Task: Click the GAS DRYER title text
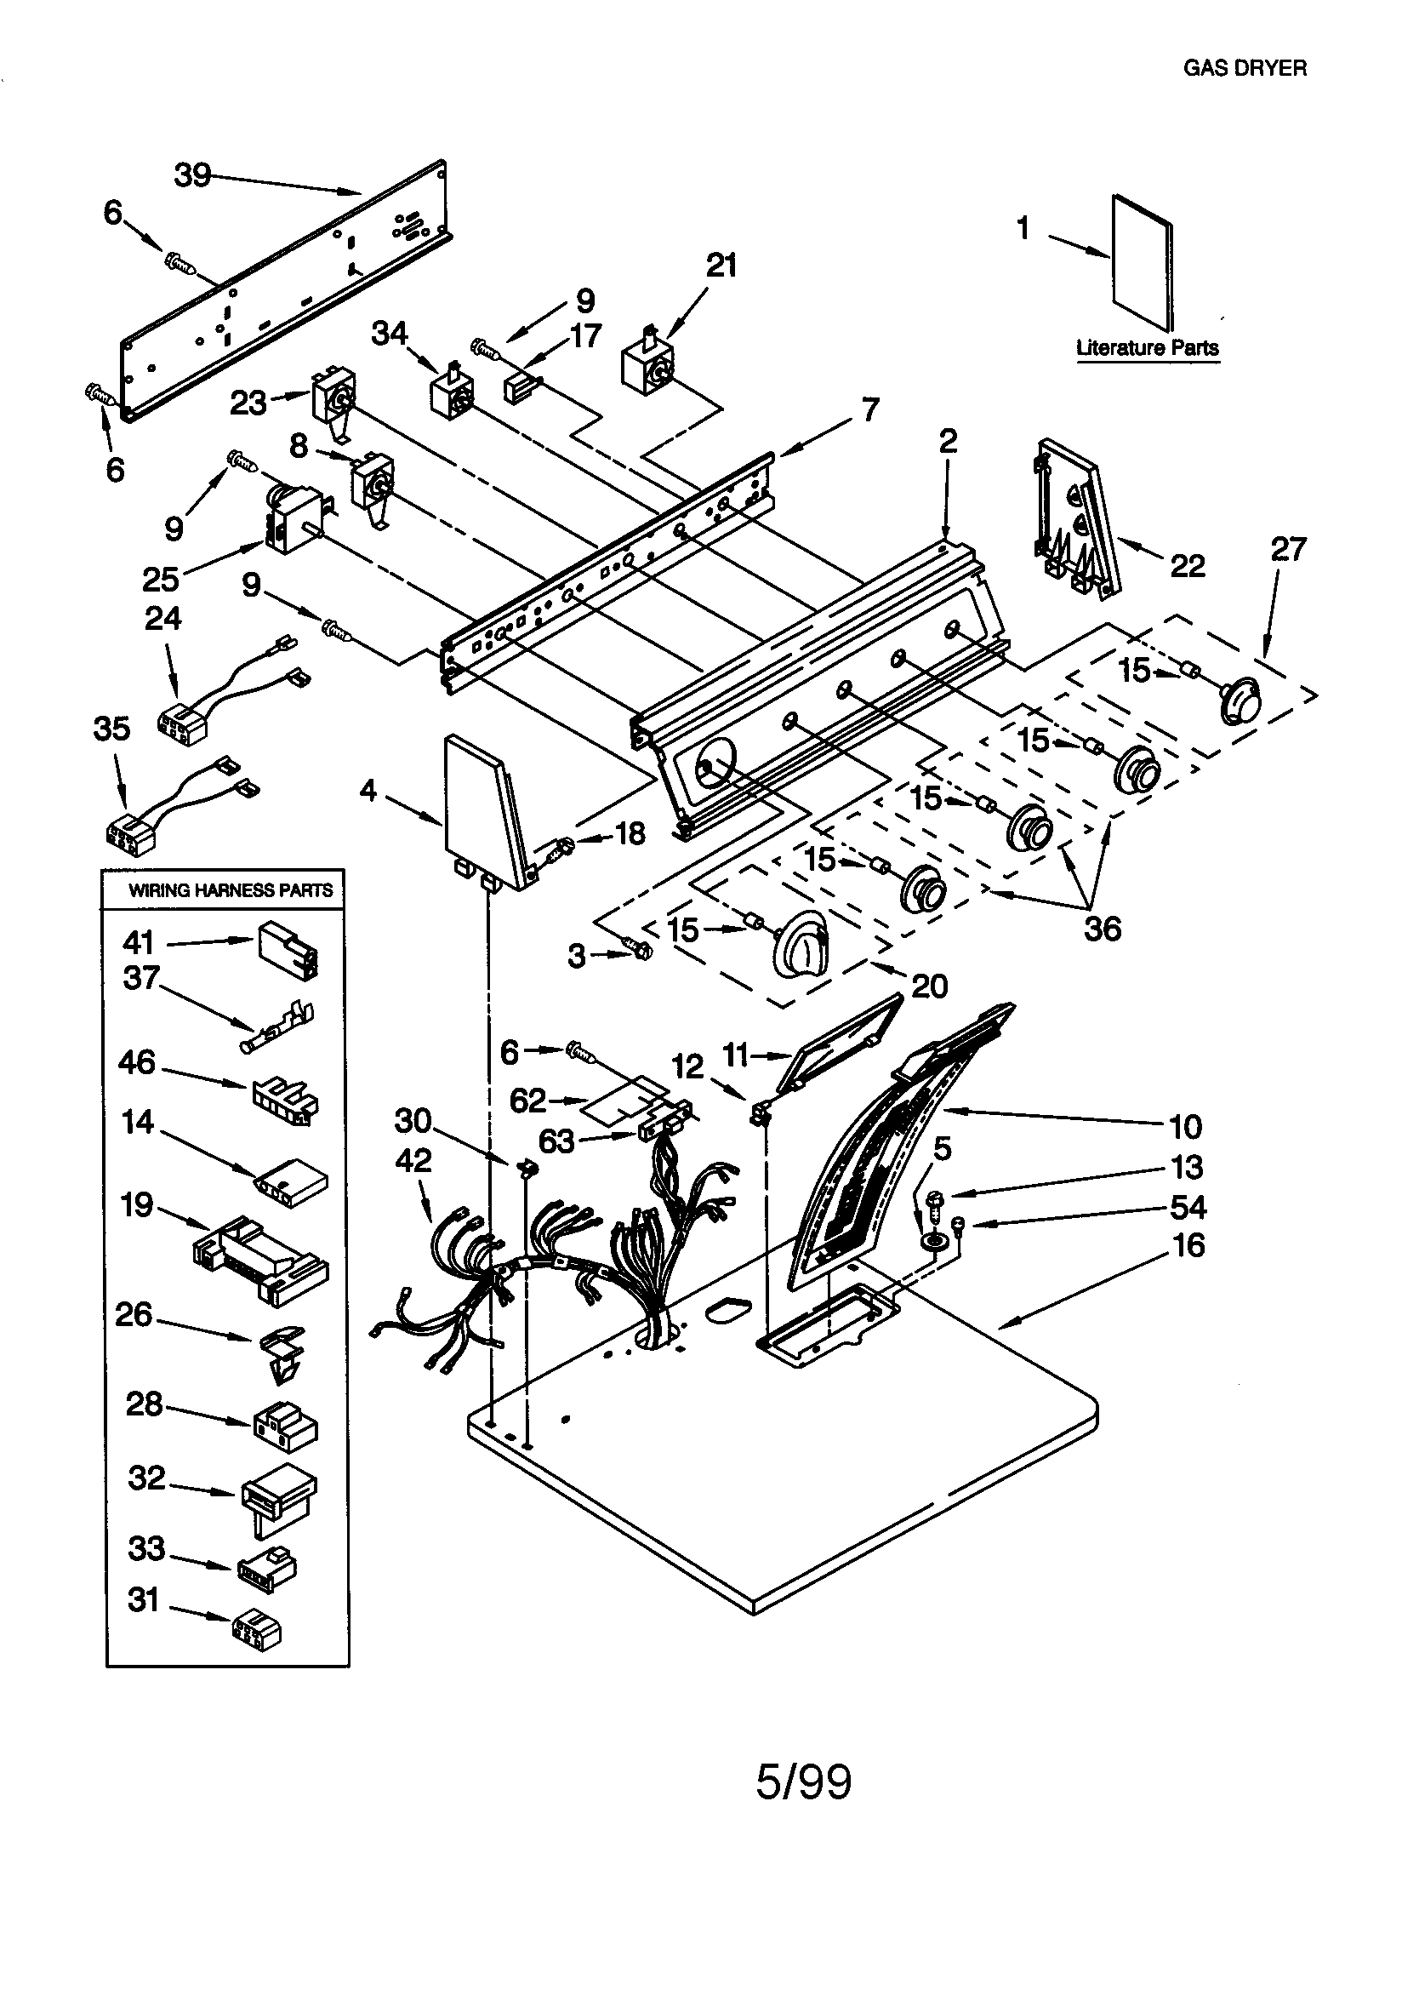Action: coord(1245,68)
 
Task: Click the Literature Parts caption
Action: coord(1148,347)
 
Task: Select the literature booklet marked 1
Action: coord(1142,263)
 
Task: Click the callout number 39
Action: coord(192,175)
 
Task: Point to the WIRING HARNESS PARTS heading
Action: coord(231,890)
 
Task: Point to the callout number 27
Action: coord(1288,550)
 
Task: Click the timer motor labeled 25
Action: coord(292,523)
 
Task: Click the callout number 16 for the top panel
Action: coord(1188,1245)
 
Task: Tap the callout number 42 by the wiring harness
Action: coord(413,1160)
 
